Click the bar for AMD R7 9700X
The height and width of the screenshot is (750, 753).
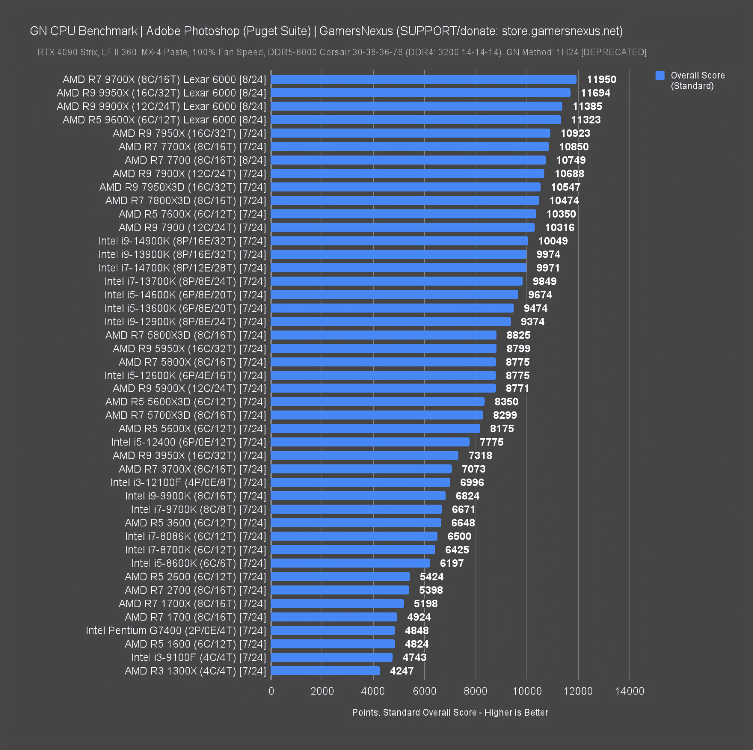pos(423,80)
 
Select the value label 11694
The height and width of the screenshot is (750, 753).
pos(595,93)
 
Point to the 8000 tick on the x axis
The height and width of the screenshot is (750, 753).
pos(475,691)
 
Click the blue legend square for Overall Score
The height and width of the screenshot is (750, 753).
pos(660,76)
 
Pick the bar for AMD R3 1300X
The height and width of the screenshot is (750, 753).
pos(325,671)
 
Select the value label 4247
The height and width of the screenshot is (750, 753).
pos(401,671)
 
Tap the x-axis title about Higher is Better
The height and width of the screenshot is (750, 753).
pos(450,712)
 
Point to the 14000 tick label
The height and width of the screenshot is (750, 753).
pos(629,691)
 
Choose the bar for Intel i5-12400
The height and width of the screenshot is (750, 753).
pos(370,442)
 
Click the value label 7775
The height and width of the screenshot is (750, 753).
pos(491,442)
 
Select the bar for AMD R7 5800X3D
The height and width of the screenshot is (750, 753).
pos(384,335)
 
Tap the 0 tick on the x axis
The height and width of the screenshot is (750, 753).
pos(271,691)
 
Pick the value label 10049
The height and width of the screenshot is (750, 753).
pos(553,241)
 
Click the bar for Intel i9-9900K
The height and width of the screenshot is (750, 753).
pos(358,496)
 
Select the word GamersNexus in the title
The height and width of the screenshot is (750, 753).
pos(356,31)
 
